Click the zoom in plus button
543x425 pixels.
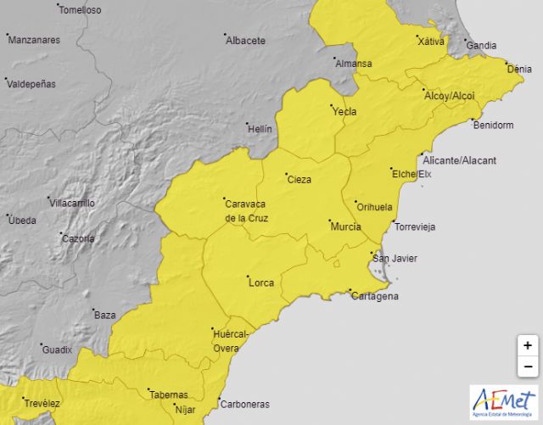[x=528, y=345]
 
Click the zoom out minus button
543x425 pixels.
[x=528, y=366]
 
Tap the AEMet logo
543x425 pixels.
[x=503, y=402]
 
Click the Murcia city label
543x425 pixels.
[x=345, y=226]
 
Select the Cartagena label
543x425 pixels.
[x=375, y=296]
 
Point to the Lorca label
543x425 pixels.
[x=260, y=282]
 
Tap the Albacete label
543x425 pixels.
[x=246, y=40]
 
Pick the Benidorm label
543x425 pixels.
[x=493, y=126]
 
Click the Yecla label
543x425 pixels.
[x=344, y=111]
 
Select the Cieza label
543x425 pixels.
[x=299, y=180]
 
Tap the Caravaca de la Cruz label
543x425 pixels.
[x=246, y=210]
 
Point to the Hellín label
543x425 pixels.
[x=260, y=129]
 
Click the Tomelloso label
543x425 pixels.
[x=81, y=10]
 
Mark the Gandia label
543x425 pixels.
[x=482, y=45]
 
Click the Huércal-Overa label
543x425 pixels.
[x=231, y=341]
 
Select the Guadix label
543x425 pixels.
[x=58, y=350]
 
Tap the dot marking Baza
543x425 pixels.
[x=90, y=314]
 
